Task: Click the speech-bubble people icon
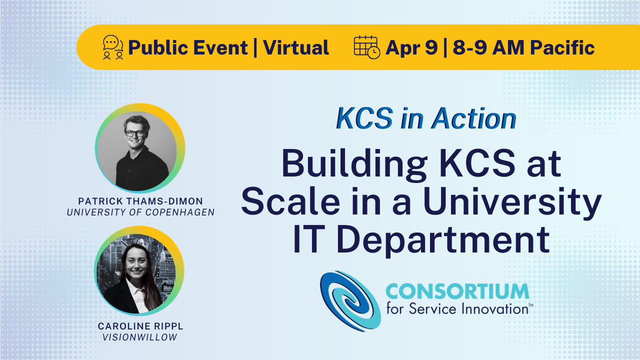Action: (113, 47)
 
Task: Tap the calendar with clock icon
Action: (366, 47)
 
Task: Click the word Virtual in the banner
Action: (296, 47)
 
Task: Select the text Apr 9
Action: (411, 47)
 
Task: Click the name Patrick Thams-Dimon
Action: (141, 201)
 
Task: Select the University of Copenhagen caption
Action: (141, 212)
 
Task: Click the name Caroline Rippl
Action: (140, 326)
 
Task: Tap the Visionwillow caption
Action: (140, 337)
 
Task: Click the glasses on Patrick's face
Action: (134, 133)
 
